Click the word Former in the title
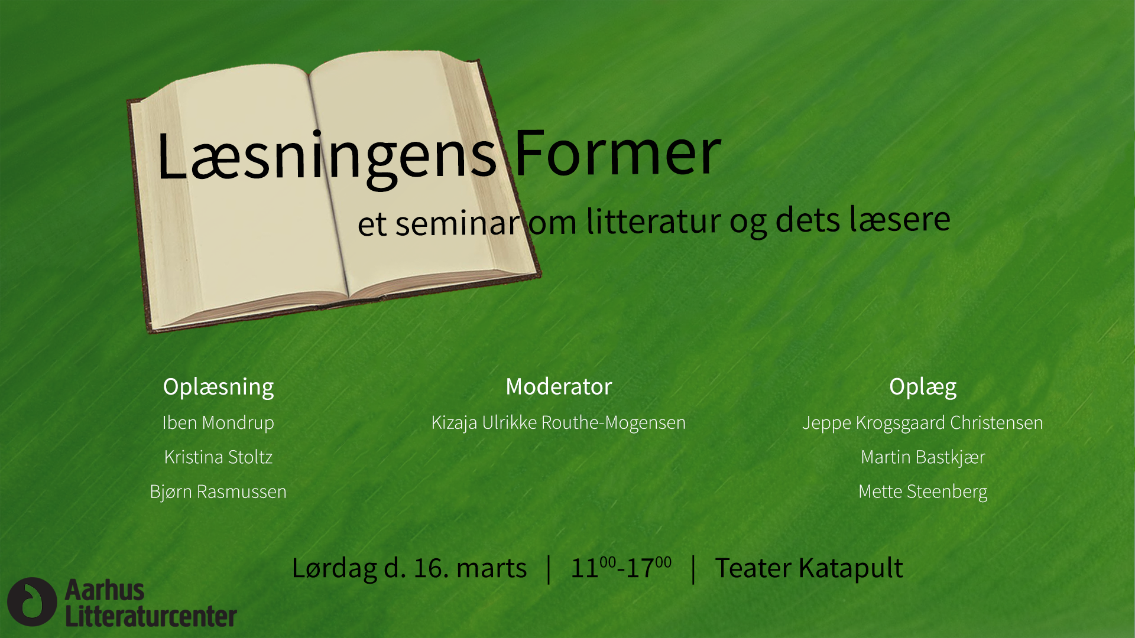coord(618,152)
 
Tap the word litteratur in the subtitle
coord(654,221)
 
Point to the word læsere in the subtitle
coord(900,219)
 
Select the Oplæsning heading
coord(218,388)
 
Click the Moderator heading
coord(559,386)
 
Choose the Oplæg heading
coord(923,388)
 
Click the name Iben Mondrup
coord(218,423)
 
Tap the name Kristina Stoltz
coord(218,457)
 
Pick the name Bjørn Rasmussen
coord(218,491)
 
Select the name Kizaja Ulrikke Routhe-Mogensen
coord(559,423)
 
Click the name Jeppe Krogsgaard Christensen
coord(923,423)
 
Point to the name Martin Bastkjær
coord(923,457)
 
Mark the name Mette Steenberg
coord(923,491)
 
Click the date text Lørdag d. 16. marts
coord(409,568)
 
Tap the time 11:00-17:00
coord(621,567)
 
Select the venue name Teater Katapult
coord(809,568)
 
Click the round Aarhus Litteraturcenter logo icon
coord(32,601)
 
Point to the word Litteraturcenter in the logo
coord(151,616)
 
